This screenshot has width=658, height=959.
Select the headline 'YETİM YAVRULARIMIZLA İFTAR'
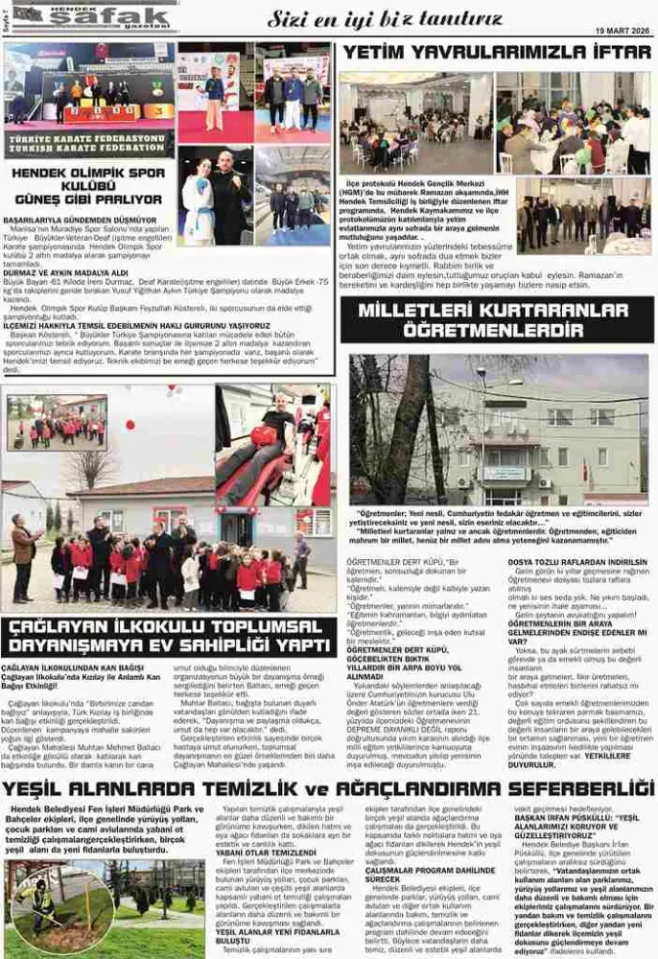(x=497, y=52)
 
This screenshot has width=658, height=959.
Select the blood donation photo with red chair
(x=274, y=446)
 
